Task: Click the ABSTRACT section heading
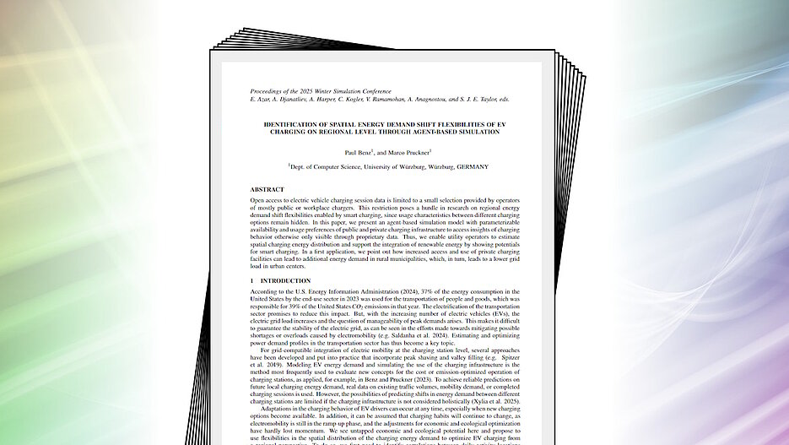(267, 189)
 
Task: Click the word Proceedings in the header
(268, 90)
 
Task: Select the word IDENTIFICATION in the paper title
(293, 124)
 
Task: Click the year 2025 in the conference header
(313, 90)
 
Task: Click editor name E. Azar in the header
(261, 99)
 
